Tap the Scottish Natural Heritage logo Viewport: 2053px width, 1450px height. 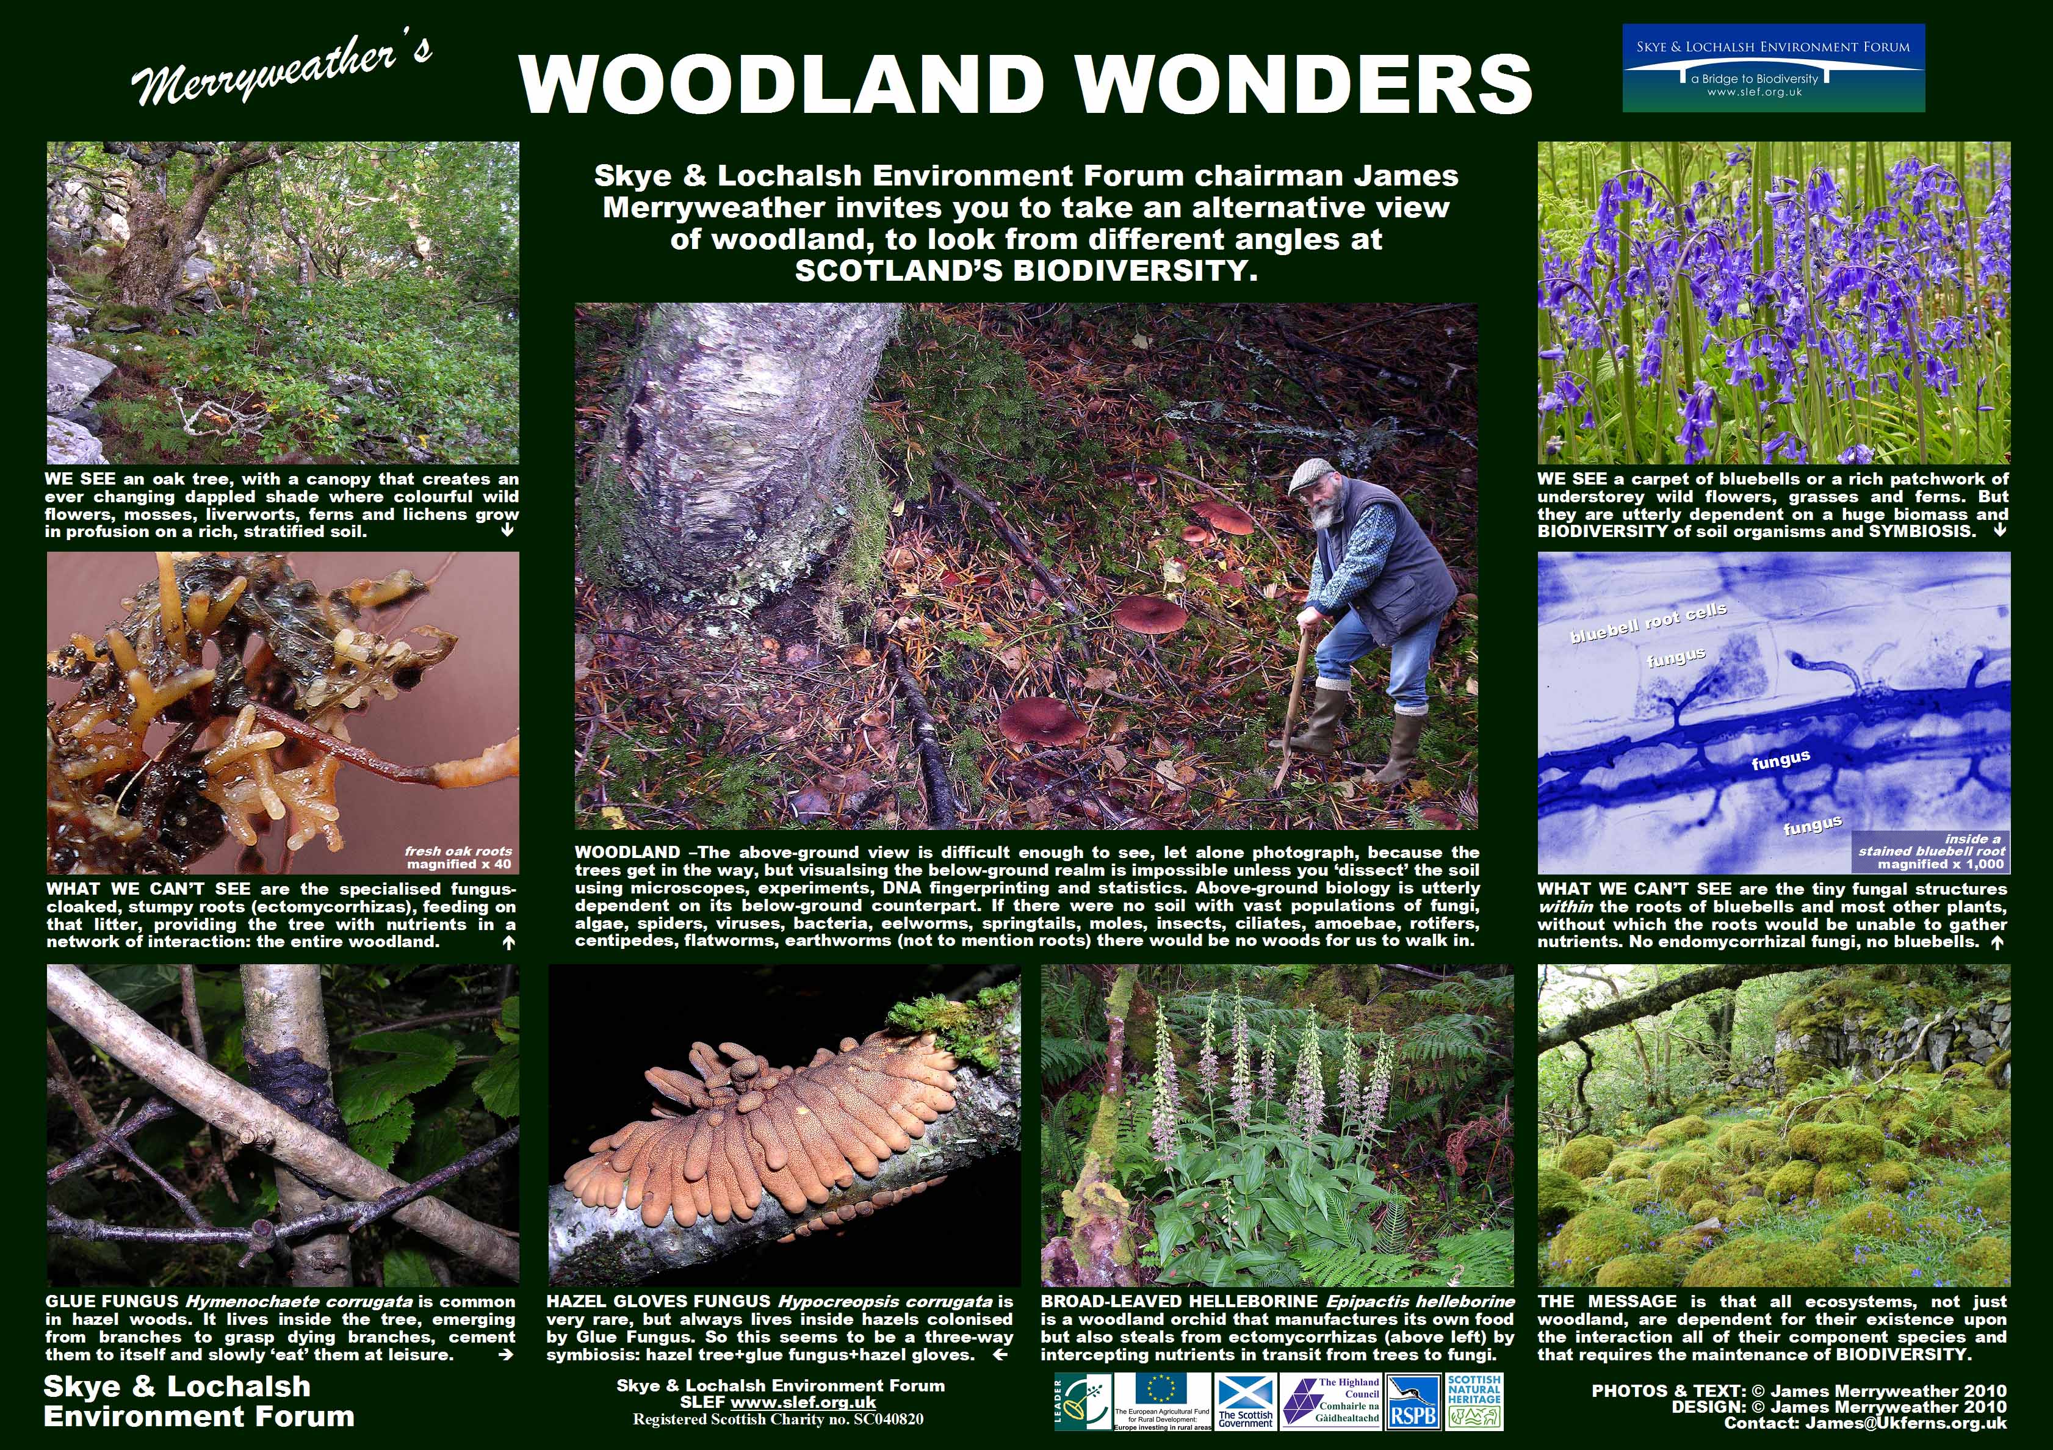(x=1474, y=1402)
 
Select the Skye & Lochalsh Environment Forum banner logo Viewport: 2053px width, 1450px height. (x=1773, y=68)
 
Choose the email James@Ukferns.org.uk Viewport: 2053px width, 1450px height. (x=1905, y=1423)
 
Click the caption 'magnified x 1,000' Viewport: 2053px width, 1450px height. (x=1940, y=865)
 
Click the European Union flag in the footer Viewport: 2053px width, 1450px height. (x=1161, y=1388)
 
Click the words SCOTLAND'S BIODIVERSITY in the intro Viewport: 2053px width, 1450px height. (x=1026, y=271)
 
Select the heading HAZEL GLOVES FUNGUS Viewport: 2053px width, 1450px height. (x=660, y=1302)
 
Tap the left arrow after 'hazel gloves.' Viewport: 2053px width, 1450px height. (x=1001, y=1354)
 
